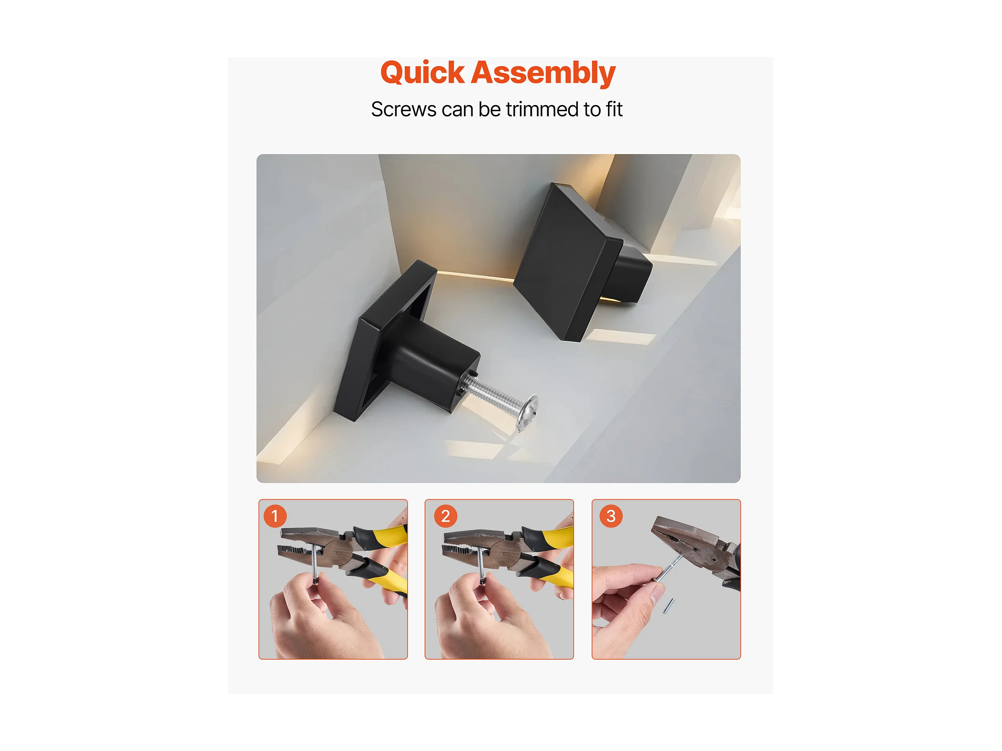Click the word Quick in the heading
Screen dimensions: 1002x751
pos(422,73)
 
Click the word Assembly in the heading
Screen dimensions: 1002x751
pos(543,73)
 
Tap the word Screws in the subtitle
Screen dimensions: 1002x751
pos(404,109)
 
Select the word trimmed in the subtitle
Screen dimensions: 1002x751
pos(542,109)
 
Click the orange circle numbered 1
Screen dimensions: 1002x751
pos(275,516)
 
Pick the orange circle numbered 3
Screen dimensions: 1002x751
pos(611,516)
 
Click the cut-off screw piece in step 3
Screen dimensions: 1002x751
pos(669,606)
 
